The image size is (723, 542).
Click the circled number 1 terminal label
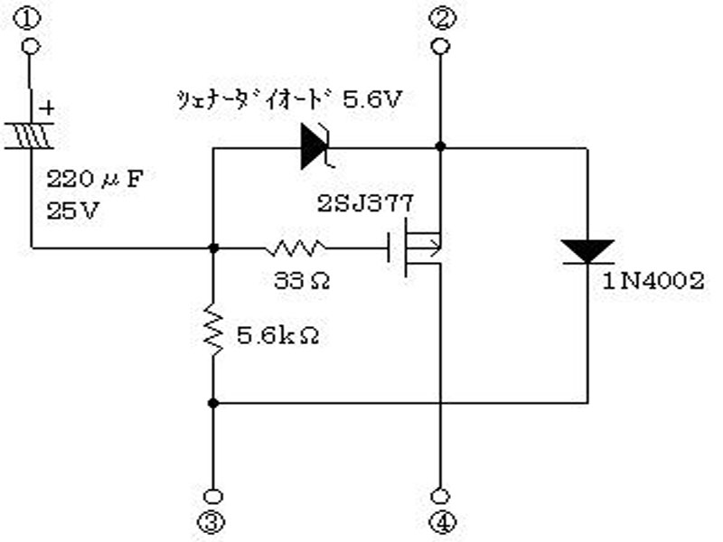[27, 18]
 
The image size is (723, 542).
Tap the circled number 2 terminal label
[443, 18]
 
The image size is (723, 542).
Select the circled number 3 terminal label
[211, 522]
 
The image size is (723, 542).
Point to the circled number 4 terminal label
[443, 522]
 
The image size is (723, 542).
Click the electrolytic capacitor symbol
[31, 135]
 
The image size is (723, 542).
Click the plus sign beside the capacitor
[47, 108]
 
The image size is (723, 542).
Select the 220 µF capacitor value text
[95, 179]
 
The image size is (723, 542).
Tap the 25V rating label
[73, 211]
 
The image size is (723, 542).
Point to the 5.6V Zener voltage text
[372, 99]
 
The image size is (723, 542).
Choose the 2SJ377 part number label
[366, 203]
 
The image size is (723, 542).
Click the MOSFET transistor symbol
[415, 248]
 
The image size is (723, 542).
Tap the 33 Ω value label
[302, 280]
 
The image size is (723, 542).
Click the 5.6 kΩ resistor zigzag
[213, 330]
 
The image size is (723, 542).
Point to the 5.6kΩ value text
[278, 336]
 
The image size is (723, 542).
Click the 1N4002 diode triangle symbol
[587, 251]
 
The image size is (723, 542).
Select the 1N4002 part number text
[653, 281]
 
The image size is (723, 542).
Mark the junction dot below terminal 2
[441, 146]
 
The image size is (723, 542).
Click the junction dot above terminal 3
[213, 403]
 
